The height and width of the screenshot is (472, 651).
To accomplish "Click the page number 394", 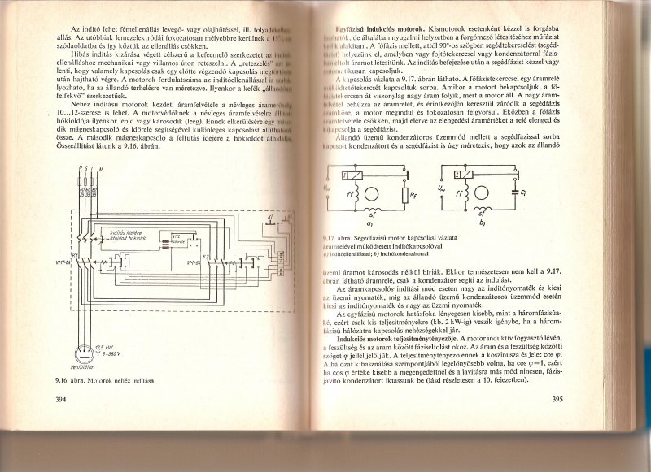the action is pos(60,399).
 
